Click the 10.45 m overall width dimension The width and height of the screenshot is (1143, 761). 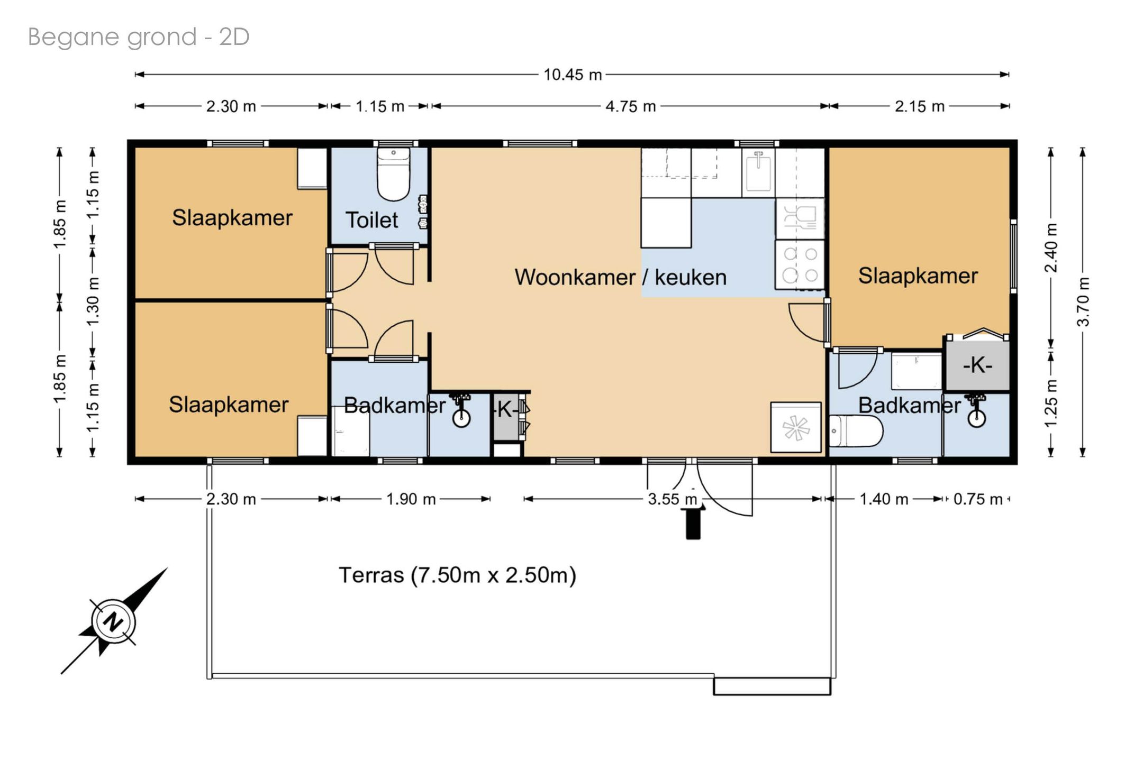[573, 75]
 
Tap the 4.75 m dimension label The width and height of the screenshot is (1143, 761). [630, 106]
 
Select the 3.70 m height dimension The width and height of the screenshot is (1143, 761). [1083, 301]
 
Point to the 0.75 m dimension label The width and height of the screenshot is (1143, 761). [978, 499]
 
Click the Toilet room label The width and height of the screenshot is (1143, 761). [371, 220]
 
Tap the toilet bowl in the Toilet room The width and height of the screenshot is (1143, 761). [393, 175]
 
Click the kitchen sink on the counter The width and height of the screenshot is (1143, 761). [758, 170]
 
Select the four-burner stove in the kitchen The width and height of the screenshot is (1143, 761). [800, 264]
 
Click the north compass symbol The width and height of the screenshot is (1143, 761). [114, 621]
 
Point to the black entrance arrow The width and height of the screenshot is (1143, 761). [693, 521]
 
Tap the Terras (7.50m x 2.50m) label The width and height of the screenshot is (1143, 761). [457, 575]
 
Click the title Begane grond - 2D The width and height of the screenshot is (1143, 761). [139, 37]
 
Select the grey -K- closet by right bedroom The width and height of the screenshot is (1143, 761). [977, 365]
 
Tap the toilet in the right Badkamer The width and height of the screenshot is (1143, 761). [856, 430]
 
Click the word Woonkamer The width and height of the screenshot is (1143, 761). [575, 277]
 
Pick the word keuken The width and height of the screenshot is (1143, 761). [691, 277]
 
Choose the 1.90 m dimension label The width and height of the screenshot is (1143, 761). [411, 499]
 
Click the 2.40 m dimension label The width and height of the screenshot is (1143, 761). [1051, 247]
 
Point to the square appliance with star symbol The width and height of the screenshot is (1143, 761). [796, 427]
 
